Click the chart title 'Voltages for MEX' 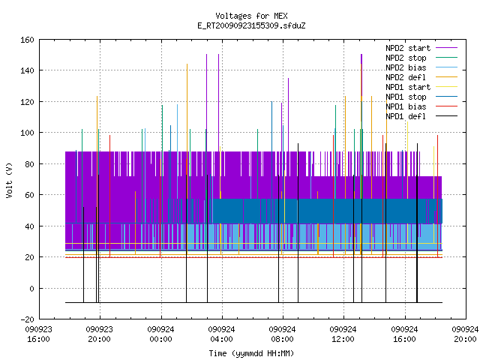pyautogui.click(x=251, y=16)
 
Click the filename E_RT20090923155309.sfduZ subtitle pyautogui.click(x=251, y=25)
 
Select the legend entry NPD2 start pyautogui.click(x=421, y=48)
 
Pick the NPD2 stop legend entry pyautogui.click(x=421, y=58)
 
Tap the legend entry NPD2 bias pyautogui.click(x=421, y=67)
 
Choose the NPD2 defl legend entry pyautogui.click(x=421, y=77)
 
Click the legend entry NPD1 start pyautogui.click(x=421, y=87)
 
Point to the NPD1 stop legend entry pyautogui.click(x=421, y=97)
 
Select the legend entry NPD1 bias pyautogui.click(x=421, y=106)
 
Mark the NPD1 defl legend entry pyautogui.click(x=421, y=116)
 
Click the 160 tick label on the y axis pyautogui.click(x=27, y=40)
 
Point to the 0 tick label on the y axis pyautogui.click(x=31, y=289)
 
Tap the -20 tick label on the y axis pyautogui.click(x=27, y=319)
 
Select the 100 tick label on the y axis pyautogui.click(x=27, y=133)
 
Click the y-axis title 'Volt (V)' pyautogui.click(x=10, y=180)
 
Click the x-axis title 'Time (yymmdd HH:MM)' pyautogui.click(x=251, y=353)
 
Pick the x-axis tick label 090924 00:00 pyautogui.click(x=160, y=334)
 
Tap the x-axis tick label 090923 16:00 pyautogui.click(x=38, y=334)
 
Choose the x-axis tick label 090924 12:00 pyautogui.click(x=343, y=334)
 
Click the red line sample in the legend pyautogui.click(x=447, y=106)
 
